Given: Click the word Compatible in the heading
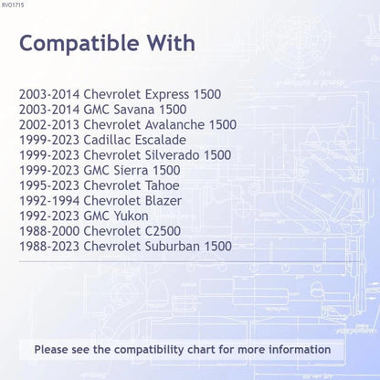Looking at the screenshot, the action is (x=79, y=44).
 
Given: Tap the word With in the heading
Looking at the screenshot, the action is (x=172, y=43).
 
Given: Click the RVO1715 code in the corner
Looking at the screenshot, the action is (x=13, y=5).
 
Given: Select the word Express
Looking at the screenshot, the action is (x=167, y=95).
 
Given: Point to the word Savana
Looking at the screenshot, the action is (x=134, y=110).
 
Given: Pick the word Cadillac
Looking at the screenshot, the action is (x=107, y=140).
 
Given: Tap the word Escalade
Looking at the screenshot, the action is (x=160, y=140).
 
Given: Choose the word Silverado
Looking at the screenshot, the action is (x=172, y=155).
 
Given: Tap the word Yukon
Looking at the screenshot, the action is (x=132, y=216).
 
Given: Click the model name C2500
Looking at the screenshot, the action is (x=163, y=231).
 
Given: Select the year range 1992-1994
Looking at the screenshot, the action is (x=49, y=201).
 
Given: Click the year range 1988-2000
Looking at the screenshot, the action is (x=49, y=231).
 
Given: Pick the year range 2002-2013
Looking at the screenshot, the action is (x=49, y=125).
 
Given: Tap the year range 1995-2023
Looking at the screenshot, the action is (x=49, y=185).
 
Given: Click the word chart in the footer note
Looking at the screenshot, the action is (x=202, y=350).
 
